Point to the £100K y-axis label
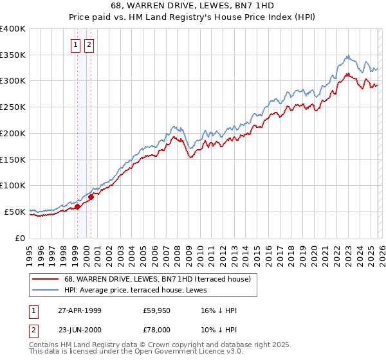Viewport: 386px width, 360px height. tap(13, 186)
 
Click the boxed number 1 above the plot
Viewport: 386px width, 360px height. tap(76, 45)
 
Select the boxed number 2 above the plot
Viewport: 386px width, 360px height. tap(88, 45)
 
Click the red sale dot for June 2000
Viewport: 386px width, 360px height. tap(91, 197)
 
